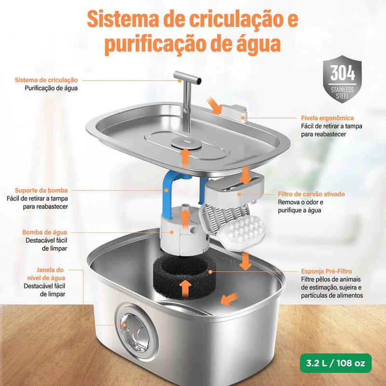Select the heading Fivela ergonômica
327,117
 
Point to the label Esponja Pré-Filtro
326,271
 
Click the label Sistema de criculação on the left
46,80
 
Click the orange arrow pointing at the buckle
214,105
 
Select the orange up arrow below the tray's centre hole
184,157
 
